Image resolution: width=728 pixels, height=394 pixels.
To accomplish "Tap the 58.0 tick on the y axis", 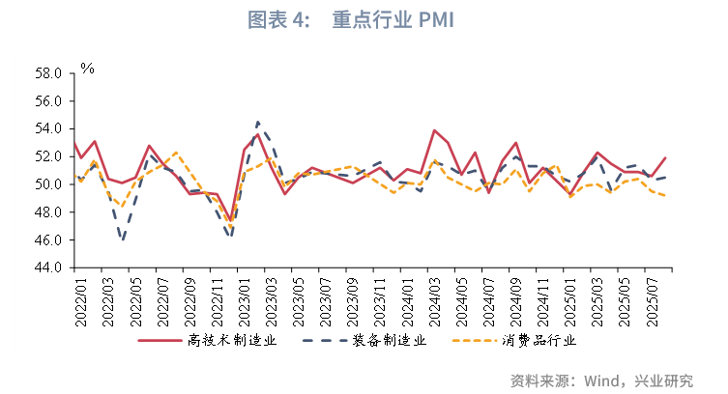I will click(x=48, y=73).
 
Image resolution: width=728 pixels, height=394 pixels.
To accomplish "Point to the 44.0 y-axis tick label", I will click(x=48, y=267).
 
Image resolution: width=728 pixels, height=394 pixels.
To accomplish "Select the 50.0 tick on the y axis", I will click(x=48, y=184).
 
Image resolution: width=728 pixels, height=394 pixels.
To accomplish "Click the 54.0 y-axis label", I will click(x=48, y=128).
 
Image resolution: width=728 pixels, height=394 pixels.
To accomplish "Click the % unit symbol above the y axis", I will click(x=87, y=69).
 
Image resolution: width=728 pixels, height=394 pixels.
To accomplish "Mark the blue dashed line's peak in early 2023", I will click(x=258, y=122).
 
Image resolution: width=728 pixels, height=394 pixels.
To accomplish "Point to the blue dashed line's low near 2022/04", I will click(x=123, y=239).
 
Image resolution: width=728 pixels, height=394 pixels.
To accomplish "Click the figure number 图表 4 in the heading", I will click(x=277, y=21).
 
